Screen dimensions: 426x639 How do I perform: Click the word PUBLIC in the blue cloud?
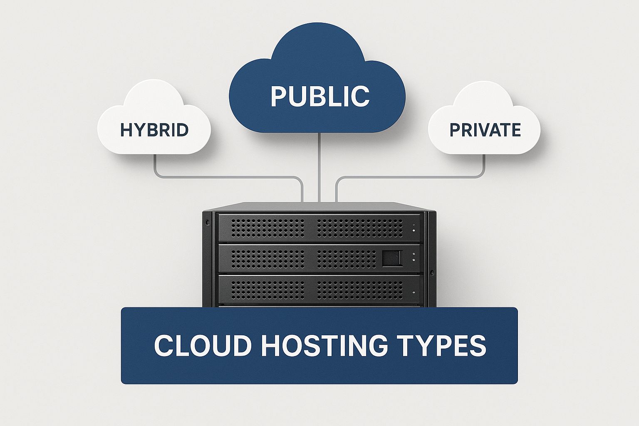(x=320, y=96)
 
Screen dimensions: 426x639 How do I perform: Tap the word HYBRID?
(x=154, y=130)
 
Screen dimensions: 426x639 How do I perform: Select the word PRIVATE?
(x=485, y=130)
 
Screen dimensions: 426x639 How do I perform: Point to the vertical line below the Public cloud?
(x=319, y=166)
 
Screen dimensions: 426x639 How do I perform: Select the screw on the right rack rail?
(x=432, y=273)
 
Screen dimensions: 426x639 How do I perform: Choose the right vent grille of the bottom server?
(x=360, y=290)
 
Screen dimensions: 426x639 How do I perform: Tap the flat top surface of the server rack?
(x=319, y=207)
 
